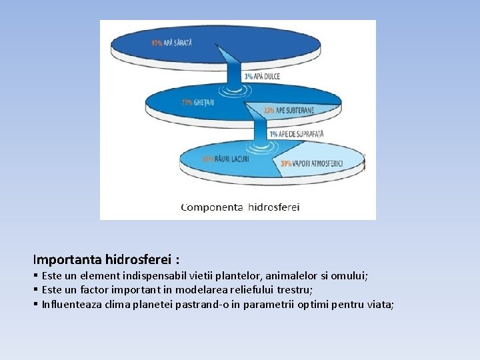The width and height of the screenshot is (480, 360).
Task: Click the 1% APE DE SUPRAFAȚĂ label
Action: tap(296, 134)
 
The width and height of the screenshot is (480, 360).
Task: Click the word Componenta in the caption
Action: tap(212, 207)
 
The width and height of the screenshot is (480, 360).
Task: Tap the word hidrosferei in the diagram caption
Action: tap(274, 207)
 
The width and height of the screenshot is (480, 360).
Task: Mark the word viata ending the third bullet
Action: tap(381, 305)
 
